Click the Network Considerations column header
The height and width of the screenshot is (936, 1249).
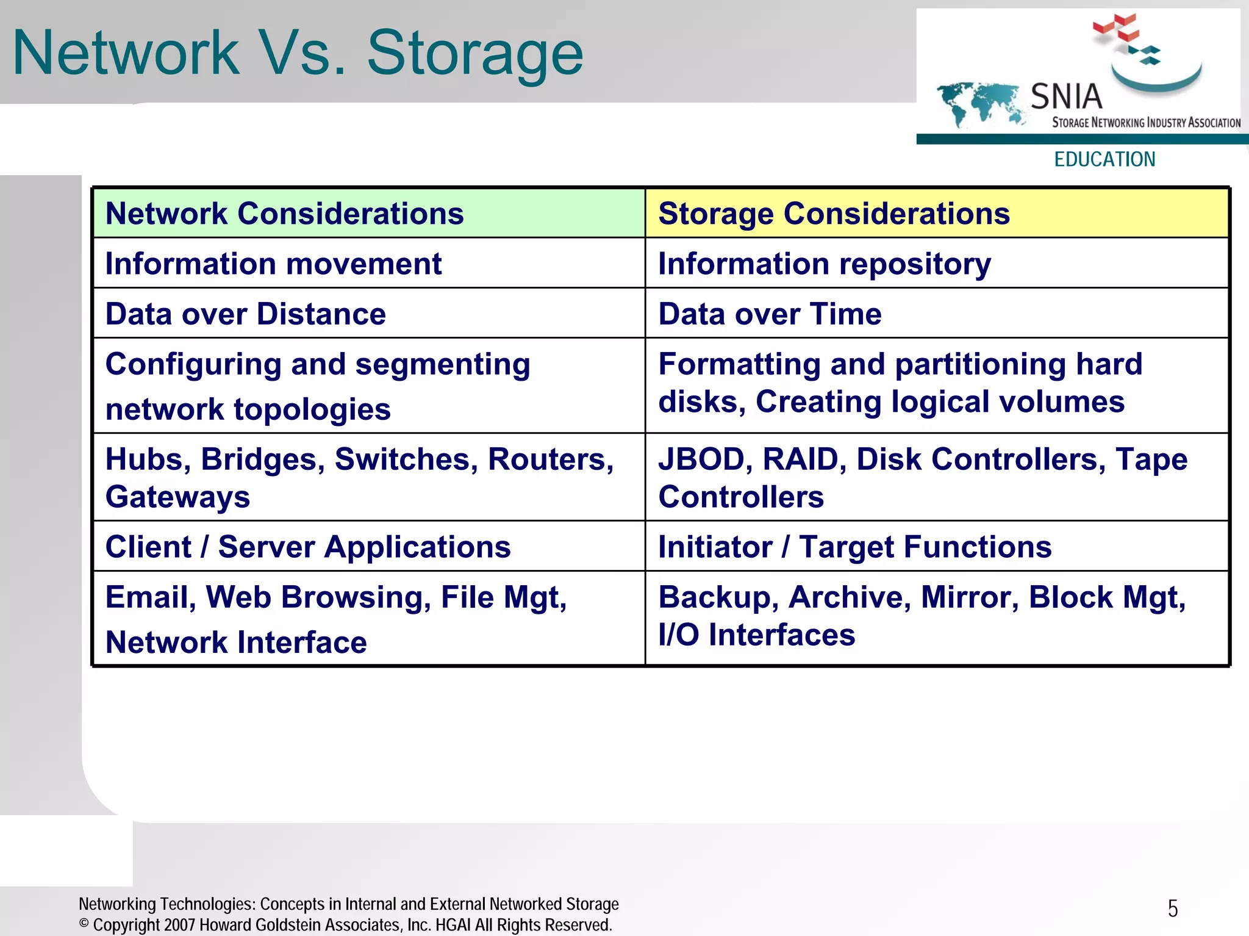[x=284, y=214]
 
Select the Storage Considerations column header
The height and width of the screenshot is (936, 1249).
[x=834, y=214]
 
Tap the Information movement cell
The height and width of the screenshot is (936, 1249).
[x=273, y=264]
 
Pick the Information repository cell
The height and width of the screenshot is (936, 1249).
[x=825, y=264]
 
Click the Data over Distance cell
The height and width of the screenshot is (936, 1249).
[x=245, y=314]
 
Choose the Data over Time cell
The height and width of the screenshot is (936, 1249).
[x=770, y=314]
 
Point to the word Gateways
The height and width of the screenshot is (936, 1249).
[x=177, y=497]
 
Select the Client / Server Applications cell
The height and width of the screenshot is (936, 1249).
[x=308, y=547]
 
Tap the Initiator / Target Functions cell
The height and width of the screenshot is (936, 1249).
[x=855, y=547]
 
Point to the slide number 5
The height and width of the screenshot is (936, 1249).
[x=1172, y=909]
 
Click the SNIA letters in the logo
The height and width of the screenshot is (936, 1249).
[x=1066, y=97]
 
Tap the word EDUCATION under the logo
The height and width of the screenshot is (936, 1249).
[x=1104, y=160]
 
